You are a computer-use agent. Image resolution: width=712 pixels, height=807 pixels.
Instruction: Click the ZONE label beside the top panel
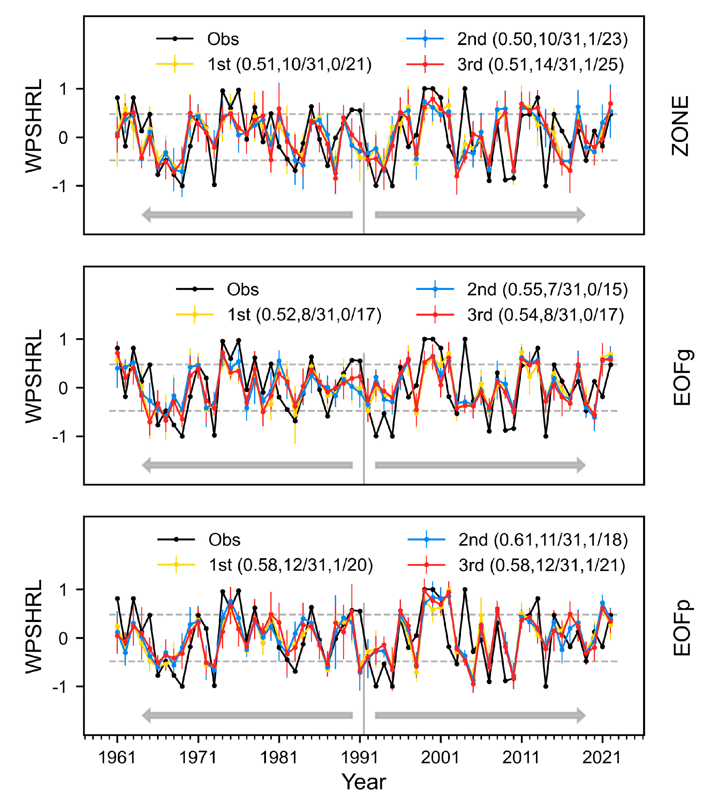tap(680, 126)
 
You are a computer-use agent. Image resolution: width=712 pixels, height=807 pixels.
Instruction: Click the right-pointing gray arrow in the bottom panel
tap(480, 715)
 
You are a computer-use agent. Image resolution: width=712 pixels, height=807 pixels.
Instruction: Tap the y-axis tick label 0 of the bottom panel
tap(63, 638)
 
